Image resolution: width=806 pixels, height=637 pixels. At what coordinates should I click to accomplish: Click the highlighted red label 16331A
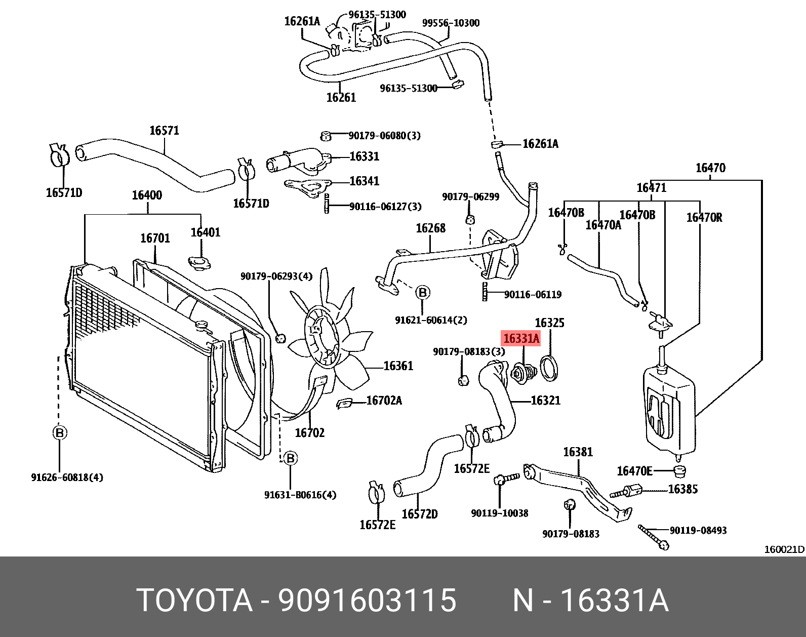pos(521,338)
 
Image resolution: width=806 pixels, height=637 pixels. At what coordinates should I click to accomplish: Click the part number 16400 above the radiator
pos(147,195)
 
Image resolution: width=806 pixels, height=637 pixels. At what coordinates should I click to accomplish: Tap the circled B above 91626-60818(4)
pos(60,433)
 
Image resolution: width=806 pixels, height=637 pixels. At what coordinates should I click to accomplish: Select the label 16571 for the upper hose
pos(164,131)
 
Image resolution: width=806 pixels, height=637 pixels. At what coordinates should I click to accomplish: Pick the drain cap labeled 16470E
pos(680,472)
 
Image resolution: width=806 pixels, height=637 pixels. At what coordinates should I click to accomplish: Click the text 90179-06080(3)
pos(384,136)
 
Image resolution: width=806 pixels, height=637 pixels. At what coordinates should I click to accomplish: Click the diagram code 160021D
pos(784,549)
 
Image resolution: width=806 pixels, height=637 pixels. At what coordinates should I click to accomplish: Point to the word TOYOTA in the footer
pos(194,601)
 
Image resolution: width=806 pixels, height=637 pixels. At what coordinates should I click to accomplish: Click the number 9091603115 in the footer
pos(368,601)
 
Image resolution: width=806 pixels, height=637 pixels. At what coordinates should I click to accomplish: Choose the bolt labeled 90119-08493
pos(654,537)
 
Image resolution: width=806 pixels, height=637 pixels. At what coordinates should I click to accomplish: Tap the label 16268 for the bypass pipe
pos(430,228)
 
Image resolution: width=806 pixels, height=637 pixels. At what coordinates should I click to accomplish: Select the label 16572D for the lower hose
pos(419,514)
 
